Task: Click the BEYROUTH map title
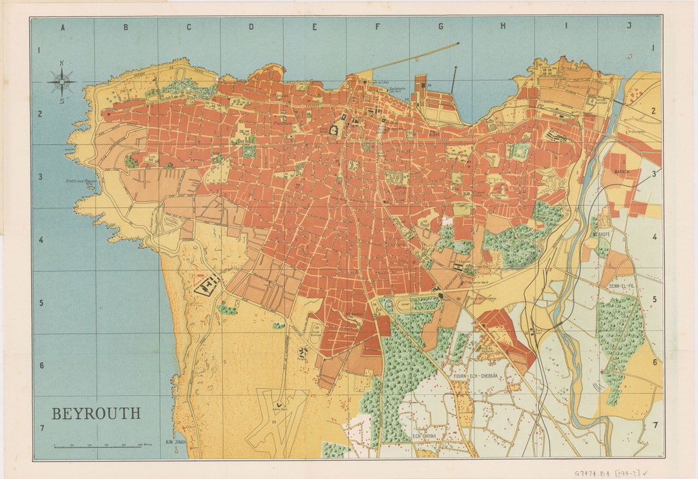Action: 96,414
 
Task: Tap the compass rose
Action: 61,82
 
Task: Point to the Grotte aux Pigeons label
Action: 79,181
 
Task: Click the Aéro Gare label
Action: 280,409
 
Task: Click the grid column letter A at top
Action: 63,27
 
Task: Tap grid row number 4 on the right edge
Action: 654,238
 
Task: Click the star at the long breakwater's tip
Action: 458,43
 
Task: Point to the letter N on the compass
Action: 61,63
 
